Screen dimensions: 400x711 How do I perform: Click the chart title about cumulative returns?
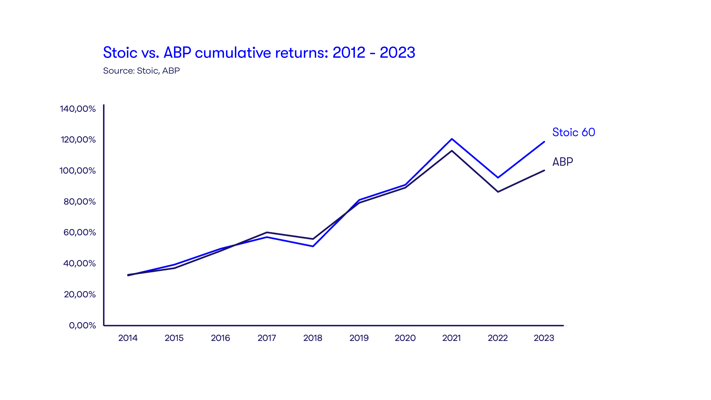coord(259,52)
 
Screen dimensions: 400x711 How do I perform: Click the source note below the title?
coord(141,71)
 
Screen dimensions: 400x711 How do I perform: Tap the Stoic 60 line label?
coord(574,132)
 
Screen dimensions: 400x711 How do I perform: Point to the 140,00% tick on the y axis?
coord(78,109)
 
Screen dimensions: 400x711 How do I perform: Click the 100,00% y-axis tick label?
coord(77,171)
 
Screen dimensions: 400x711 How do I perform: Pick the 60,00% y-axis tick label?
coord(79,232)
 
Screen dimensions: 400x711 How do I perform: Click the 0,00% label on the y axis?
coord(82,325)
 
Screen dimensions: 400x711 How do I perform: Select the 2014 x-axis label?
coord(128,338)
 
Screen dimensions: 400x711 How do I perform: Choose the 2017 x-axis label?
coord(267,338)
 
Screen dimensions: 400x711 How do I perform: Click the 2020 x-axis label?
coord(405,338)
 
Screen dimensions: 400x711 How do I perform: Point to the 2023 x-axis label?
coord(544,338)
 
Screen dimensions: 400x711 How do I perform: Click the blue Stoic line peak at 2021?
coord(451,139)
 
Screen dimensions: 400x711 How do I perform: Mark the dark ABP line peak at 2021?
coord(451,151)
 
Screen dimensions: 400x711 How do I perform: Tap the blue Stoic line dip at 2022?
coord(498,177)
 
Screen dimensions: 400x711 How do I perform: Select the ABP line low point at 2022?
coord(498,191)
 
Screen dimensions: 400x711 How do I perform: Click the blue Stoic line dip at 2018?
coord(313,246)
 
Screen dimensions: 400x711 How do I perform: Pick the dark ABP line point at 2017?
coord(267,232)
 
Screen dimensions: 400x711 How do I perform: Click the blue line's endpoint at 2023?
coord(544,142)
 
